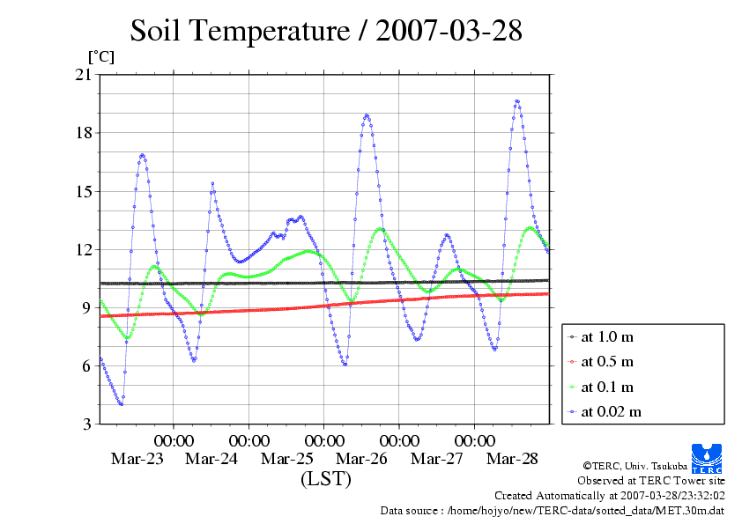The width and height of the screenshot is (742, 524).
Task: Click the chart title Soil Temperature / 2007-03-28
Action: (326, 32)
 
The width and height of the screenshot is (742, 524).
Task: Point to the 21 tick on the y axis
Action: (84, 75)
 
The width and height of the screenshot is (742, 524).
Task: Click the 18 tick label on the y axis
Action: (84, 133)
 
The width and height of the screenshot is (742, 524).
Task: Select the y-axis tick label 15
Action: (84, 191)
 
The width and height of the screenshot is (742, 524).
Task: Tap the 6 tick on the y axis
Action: (87, 365)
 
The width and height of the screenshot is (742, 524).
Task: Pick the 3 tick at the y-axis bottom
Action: (87, 424)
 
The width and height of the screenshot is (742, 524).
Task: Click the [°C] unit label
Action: (100, 56)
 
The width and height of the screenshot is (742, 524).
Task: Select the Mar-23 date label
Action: (137, 459)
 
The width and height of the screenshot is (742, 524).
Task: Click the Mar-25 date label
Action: (287, 459)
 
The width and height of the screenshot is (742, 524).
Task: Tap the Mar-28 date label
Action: (513, 459)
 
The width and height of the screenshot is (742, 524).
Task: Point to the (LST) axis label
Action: (325, 480)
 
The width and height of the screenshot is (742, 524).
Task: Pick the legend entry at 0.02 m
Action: (610, 411)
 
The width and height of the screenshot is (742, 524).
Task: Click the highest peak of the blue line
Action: (516, 101)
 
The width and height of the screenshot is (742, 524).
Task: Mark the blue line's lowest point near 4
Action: (121, 404)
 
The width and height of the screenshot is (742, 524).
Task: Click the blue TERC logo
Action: (708, 457)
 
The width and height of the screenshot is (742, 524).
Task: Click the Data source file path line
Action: (552, 510)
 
